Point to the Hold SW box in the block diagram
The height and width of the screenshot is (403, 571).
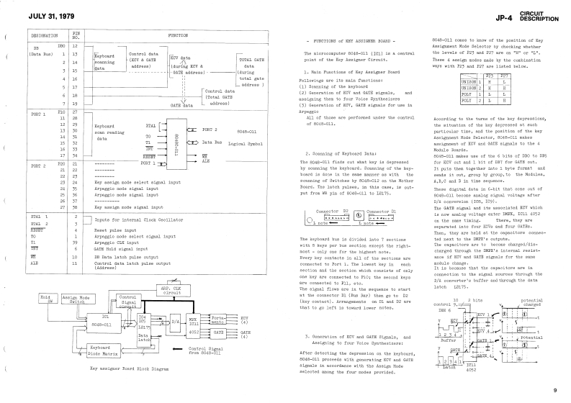click(46, 298)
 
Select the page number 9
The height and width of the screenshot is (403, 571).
click(554, 390)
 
